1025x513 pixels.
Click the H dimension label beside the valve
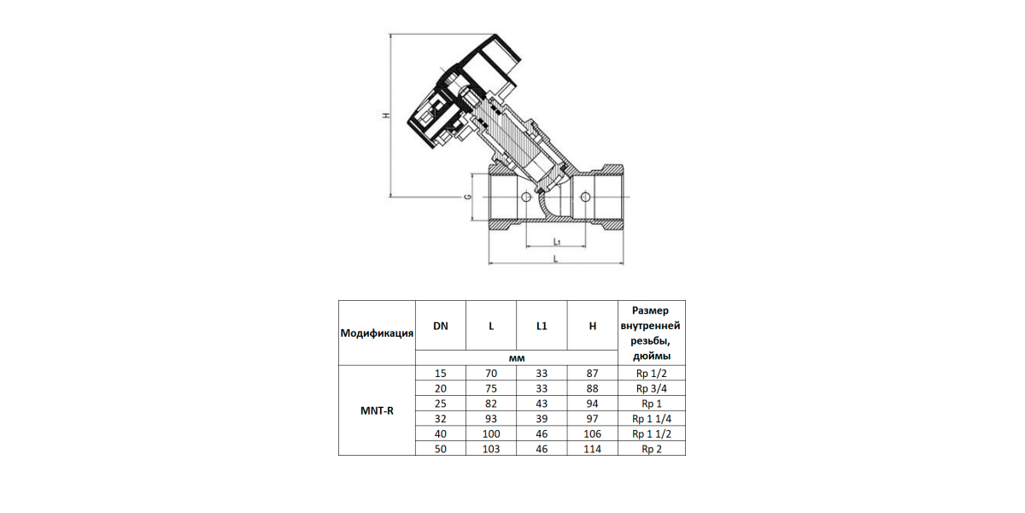(x=387, y=115)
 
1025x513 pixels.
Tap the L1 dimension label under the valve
(x=556, y=241)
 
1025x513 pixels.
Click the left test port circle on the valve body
(x=526, y=197)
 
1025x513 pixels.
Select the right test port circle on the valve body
(x=585, y=197)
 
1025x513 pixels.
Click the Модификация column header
(x=377, y=333)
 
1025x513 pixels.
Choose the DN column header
(x=441, y=326)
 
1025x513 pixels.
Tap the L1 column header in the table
(x=542, y=326)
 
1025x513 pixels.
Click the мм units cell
(x=517, y=358)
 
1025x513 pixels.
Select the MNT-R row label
(x=377, y=411)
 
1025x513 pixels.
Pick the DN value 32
(x=441, y=419)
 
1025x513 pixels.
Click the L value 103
(x=491, y=449)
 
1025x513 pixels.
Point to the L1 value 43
(x=542, y=404)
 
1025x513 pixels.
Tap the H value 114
(x=593, y=449)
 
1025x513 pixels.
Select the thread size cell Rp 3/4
(x=652, y=388)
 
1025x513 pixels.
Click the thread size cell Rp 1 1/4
(x=652, y=419)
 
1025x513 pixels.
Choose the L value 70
(x=491, y=374)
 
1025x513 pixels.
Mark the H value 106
(x=593, y=433)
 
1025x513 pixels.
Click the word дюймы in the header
(x=652, y=357)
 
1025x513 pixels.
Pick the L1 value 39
(x=542, y=419)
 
